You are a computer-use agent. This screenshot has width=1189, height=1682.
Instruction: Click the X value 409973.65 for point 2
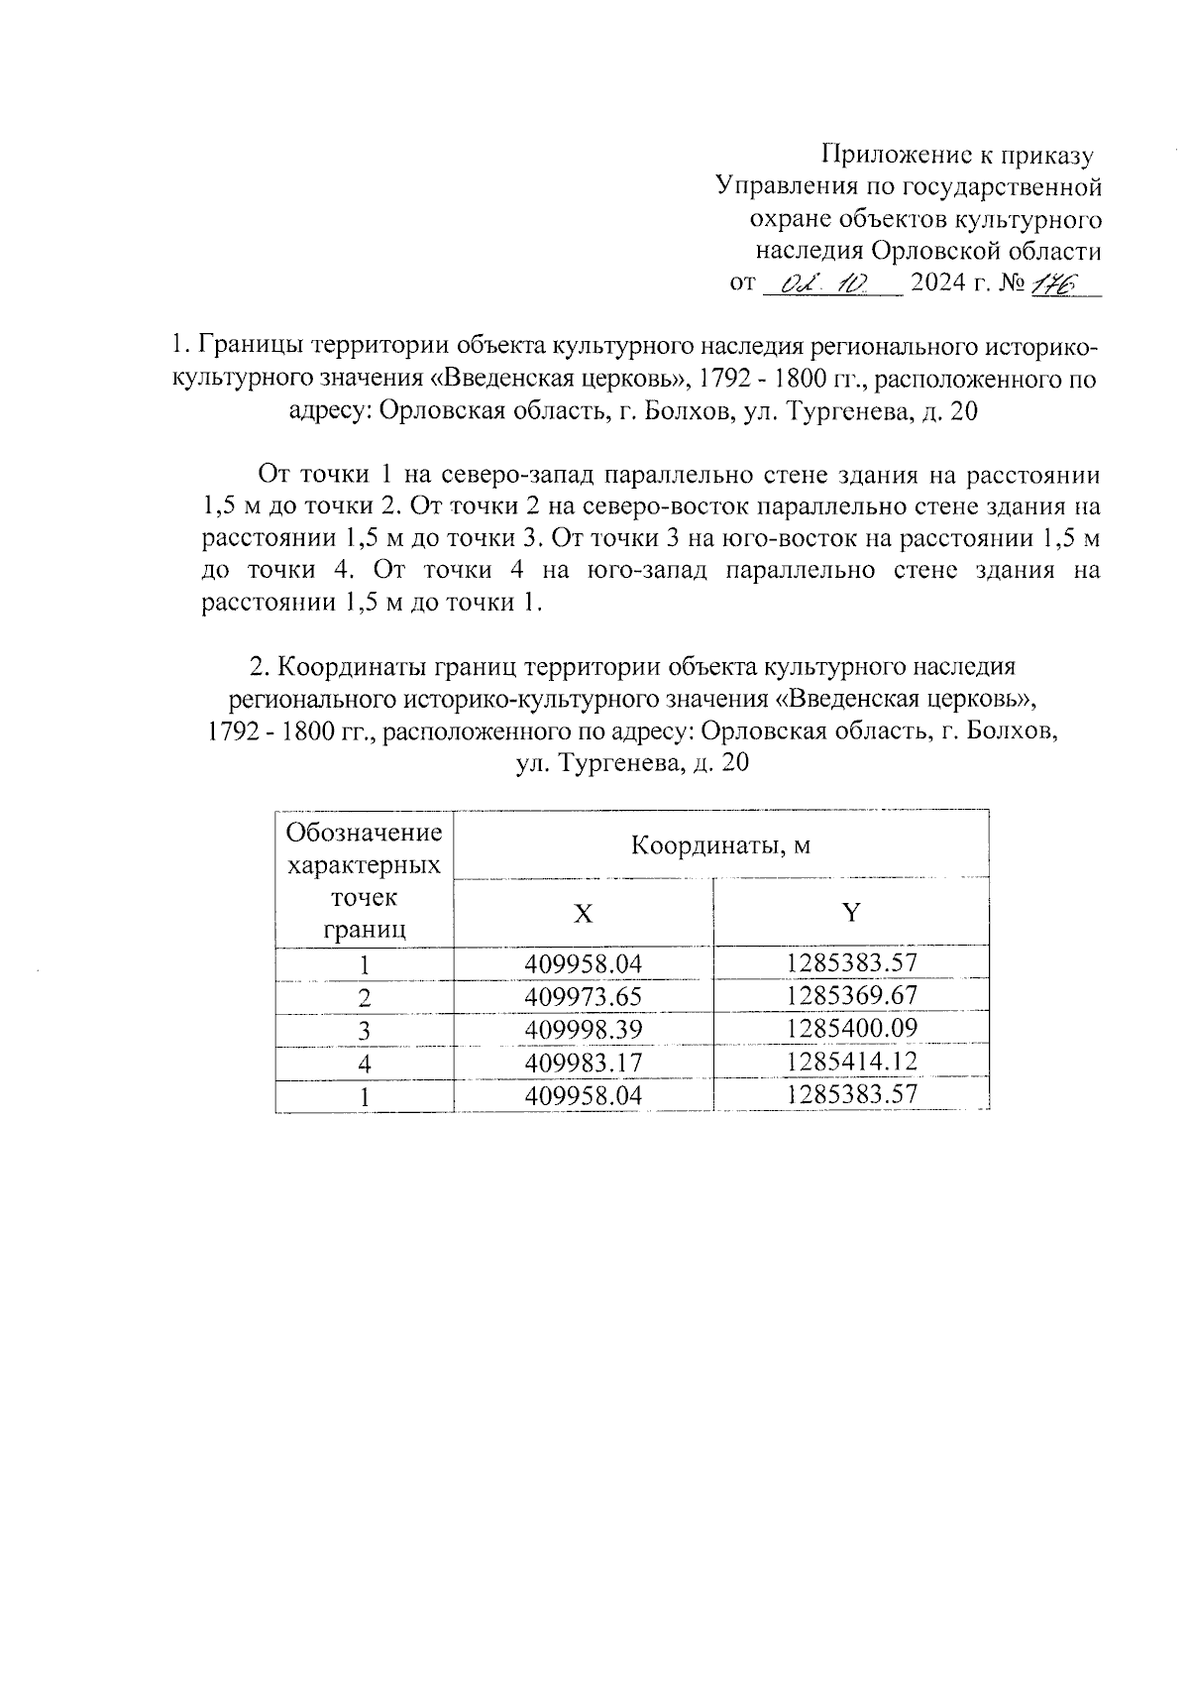(x=584, y=996)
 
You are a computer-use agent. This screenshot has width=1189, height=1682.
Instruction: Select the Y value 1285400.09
(x=852, y=1028)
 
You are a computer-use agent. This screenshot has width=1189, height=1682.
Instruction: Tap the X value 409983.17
(x=584, y=1063)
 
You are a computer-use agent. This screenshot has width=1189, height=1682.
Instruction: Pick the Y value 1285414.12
(x=852, y=1061)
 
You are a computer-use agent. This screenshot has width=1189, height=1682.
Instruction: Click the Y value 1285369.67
(x=852, y=994)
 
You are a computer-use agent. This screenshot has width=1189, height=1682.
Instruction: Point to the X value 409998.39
(x=584, y=1030)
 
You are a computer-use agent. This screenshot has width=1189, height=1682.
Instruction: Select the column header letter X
(x=584, y=914)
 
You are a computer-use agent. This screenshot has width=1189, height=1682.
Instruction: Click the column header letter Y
(x=851, y=912)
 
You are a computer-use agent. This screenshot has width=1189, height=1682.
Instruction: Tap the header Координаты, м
(x=721, y=845)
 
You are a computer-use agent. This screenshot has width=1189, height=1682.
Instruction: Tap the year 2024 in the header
(x=936, y=284)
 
